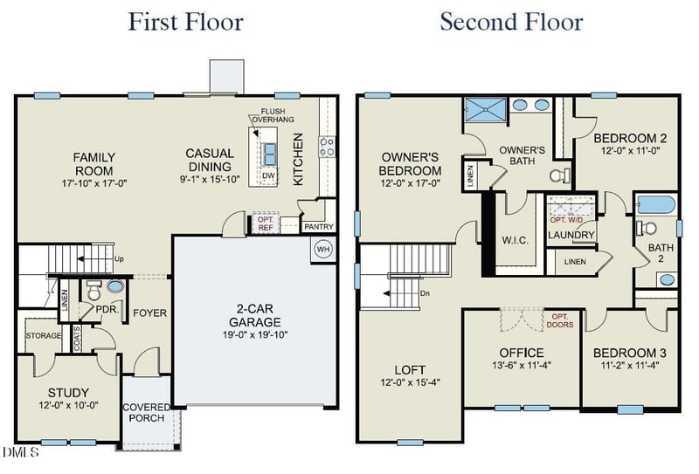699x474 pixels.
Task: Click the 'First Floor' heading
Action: pyautogui.click(x=185, y=21)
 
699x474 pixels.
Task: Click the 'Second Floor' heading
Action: pyautogui.click(x=510, y=21)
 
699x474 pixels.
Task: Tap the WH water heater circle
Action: pyautogui.click(x=323, y=249)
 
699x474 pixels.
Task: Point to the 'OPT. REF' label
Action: pyautogui.click(x=265, y=223)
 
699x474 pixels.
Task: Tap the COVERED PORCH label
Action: pyautogui.click(x=146, y=413)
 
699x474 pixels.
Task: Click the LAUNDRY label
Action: pyautogui.click(x=571, y=236)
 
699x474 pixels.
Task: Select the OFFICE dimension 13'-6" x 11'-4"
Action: pyautogui.click(x=522, y=365)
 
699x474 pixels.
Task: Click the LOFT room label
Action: pyautogui.click(x=410, y=369)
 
